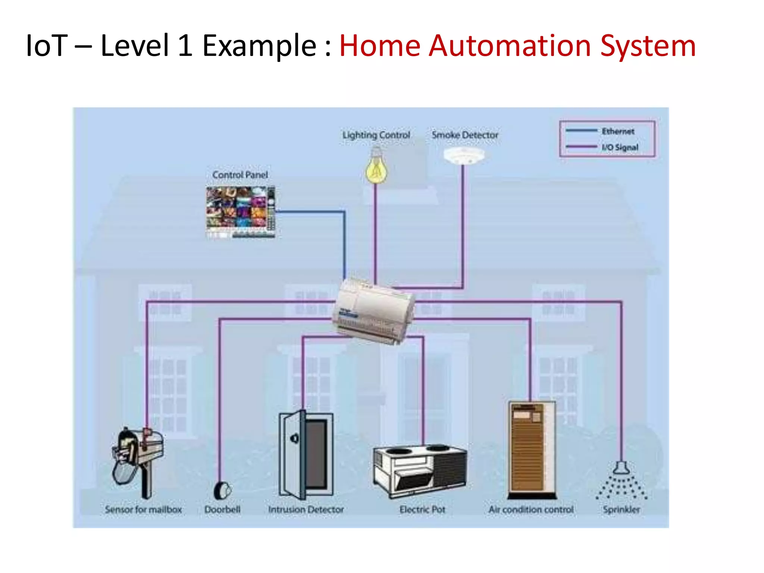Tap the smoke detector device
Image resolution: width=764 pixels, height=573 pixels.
coord(464,155)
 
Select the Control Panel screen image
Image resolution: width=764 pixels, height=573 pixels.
coord(241,212)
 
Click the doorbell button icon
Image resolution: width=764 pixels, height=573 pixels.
coord(223,490)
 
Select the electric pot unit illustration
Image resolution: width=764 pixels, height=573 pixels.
coord(420,470)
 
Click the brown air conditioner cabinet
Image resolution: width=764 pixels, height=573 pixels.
coord(532,450)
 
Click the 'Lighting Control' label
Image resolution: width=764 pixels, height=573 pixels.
coord(376,135)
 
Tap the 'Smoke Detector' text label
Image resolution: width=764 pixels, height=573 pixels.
coord(465,135)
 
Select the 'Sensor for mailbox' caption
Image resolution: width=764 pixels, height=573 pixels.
coord(143,510)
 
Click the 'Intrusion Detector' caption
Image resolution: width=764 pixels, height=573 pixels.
coord(306,510)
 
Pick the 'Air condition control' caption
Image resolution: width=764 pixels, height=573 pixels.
coord(531,510)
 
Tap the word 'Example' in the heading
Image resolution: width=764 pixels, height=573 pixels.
coord(259,46)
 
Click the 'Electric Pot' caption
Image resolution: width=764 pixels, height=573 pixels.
coord(422,510)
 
